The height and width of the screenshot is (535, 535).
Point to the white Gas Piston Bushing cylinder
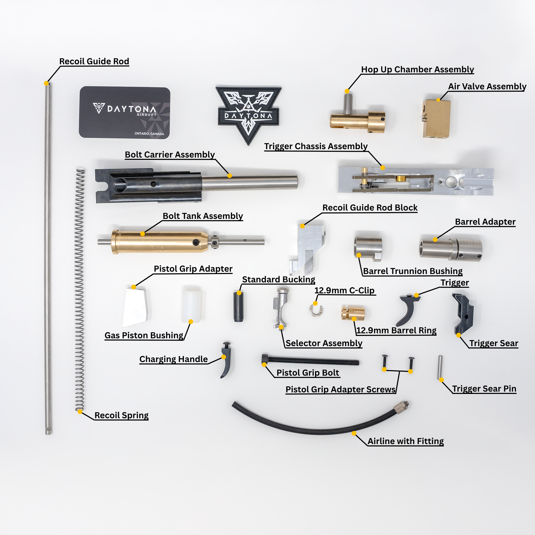click(x=191, y=306)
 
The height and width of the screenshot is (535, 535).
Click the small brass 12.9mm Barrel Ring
click(x=353, y=313)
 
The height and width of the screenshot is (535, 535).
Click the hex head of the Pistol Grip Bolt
click(x=265, y=359)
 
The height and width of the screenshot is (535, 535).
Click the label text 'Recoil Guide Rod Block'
click(x=370, y=208)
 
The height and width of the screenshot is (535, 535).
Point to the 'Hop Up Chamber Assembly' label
click(x=418, y=69)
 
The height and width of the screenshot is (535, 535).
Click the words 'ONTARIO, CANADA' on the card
click(x=149, y=134)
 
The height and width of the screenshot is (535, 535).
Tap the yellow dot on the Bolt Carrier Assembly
click(x=230, y=176)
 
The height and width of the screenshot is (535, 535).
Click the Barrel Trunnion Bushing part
click(x=368, y=248)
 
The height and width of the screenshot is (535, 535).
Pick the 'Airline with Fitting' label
click(x=406, y=441)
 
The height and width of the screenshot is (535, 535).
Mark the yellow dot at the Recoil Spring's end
click(x=80, y=411)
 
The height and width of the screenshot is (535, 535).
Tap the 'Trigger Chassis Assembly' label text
click(x=316, y=146)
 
